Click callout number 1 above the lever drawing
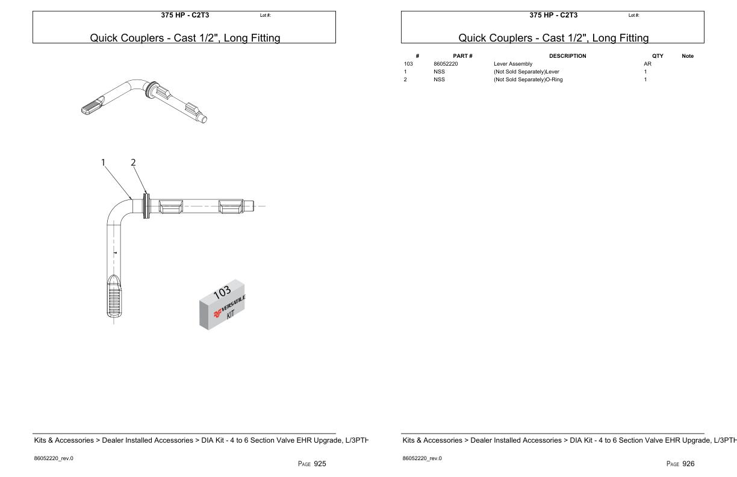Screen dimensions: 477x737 [x=104, y=162]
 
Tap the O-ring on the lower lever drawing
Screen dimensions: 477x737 [x=146, y=206]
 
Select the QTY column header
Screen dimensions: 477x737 [x=651, y=55]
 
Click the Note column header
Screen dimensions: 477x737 [x=687, y=55]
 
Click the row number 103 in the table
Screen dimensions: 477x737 [x=408, y=63]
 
